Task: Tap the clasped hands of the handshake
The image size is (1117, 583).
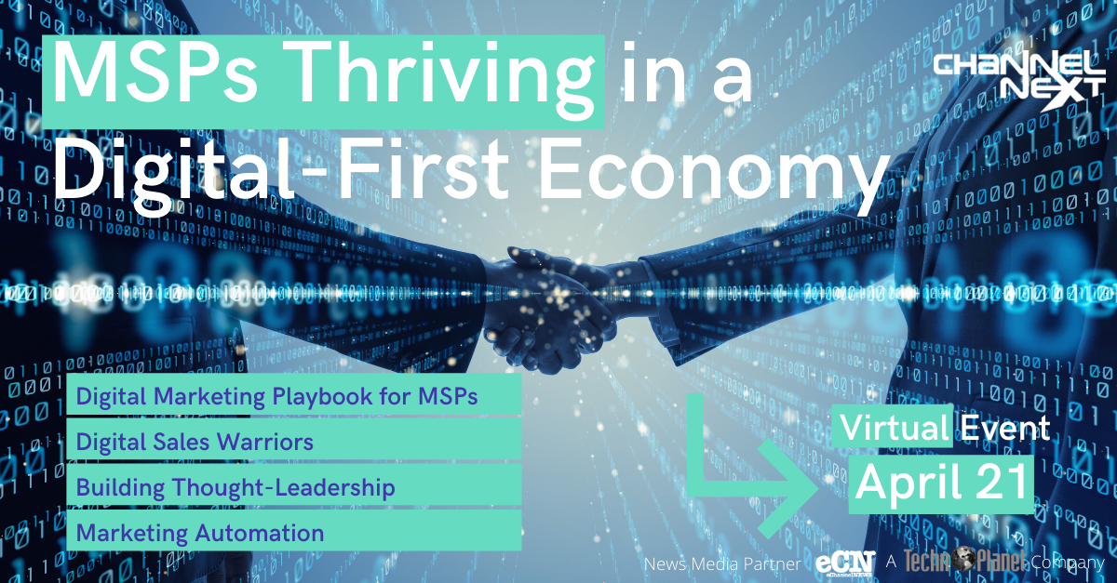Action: click(548, 310)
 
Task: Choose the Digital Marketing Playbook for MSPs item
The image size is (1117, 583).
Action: click(276, 397)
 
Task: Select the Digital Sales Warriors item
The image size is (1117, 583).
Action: click(195, 442)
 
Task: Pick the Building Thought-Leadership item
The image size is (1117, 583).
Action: click(236, 487)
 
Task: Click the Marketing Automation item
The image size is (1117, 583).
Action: click(200, 533)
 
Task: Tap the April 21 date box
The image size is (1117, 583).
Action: click(941, 484)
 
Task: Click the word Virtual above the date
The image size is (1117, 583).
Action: click(895, 427)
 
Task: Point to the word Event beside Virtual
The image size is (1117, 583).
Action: click(1005, 427)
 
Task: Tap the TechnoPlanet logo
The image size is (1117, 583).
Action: click(964, 561)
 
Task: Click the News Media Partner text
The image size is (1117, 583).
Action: click(722, 564)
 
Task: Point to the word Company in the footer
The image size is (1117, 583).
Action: click(1068, 563)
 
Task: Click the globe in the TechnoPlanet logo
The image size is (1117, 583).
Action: click(964, 559)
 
